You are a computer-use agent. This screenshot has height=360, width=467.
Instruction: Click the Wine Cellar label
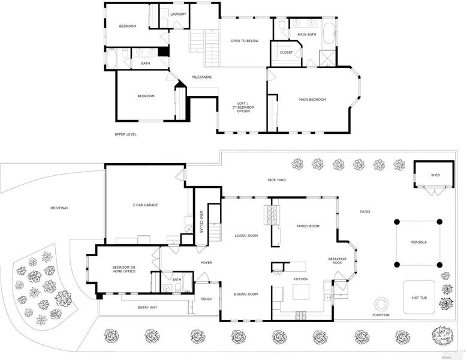[201, 223]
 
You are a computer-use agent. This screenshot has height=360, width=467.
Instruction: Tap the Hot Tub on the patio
[420, 297]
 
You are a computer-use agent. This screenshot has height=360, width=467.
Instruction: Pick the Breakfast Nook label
[336, 261]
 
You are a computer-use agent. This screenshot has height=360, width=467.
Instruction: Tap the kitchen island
[301, 292]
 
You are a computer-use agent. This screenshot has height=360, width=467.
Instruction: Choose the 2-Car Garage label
[144, 205]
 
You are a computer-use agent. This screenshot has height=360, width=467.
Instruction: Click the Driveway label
[59, 208]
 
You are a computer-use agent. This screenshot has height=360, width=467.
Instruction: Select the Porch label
[206, 299]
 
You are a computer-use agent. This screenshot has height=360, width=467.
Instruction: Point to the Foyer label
[206, 262]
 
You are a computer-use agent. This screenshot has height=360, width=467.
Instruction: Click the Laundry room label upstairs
[178, 14]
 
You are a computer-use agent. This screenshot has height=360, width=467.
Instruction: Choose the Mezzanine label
[201, 77]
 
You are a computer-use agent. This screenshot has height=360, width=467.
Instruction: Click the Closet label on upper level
[286, 52]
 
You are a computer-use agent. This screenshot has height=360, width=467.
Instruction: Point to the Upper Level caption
[125, 134]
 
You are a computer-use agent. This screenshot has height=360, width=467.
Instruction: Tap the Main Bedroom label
[312, 99]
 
